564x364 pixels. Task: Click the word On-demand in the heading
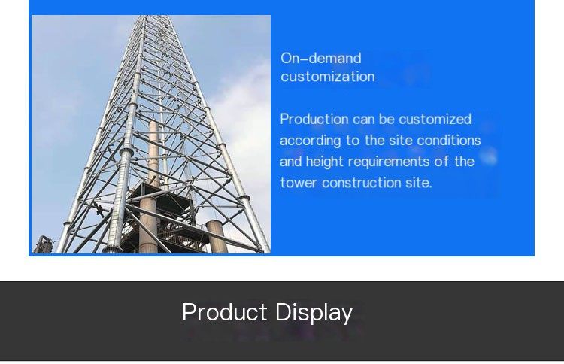point(321,58)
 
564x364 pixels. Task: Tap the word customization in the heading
point(328,77)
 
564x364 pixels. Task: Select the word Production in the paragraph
point(314,119)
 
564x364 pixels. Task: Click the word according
point(311,141)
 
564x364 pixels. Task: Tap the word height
point(324,162)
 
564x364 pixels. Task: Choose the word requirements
point(389,162)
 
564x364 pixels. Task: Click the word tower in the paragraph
point(299,183)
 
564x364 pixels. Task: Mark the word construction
point(361,183)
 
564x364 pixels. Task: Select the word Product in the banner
point(224,312)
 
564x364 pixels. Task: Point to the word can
point(364,120)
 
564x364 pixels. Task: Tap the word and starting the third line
point(290,162)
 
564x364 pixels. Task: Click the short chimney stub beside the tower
point(217,237)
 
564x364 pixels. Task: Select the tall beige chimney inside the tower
point(152,187)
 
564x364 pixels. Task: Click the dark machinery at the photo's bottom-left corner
point(44,245)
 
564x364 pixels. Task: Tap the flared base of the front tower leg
point(111,249)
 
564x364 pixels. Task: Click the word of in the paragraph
point(441,162)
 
